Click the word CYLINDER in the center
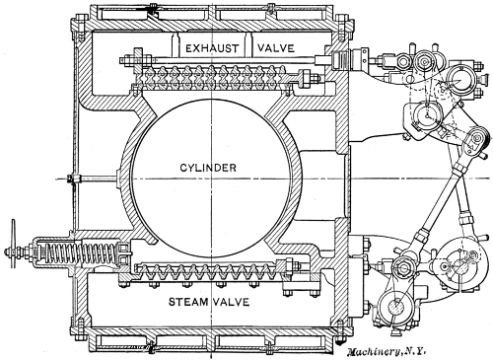[207, 169]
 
